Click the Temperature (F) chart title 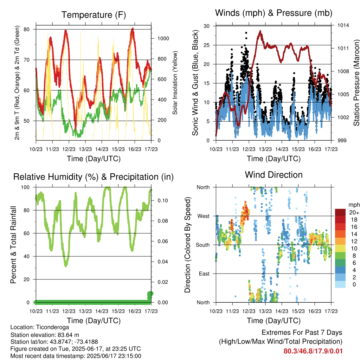click(94, 15)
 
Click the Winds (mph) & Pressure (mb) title click(274, 13)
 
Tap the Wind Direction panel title click(274, 175)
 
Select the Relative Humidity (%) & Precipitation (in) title click(94, 177)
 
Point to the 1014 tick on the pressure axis click(343, 25)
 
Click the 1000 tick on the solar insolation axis click(163, 38)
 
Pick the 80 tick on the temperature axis click(27, 30)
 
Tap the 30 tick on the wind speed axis click(207, 26)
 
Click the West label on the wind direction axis click(204, 216)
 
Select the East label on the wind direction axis click(204, 274)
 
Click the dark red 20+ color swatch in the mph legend click(340, 212)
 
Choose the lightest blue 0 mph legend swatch click(340, 284)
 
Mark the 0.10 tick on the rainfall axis click(163, 200)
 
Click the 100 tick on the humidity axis click(25, 187)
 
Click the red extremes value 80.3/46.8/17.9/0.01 click(313, 351)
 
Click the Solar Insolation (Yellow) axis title click(175, 83)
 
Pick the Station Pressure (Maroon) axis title click(356, 83)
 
